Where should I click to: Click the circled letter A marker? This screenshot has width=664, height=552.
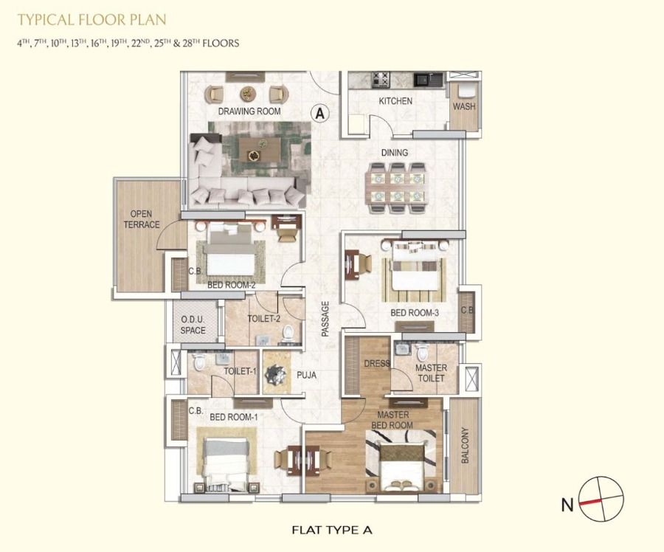pos(320,114)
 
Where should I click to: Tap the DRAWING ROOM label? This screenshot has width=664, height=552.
pos(249,111)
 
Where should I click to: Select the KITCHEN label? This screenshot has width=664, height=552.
pos(395,101)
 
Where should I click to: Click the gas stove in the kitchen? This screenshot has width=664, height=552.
pos(380,80)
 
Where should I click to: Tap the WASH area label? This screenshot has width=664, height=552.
pos(464,106)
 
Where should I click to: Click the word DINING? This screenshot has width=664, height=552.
pos(395,153)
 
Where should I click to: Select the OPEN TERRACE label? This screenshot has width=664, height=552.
pos(142,219)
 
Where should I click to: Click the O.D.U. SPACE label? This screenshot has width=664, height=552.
pos(193,325)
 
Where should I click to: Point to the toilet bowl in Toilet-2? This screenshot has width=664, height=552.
pos(288,334)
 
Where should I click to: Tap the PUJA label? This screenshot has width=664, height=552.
pos(306,375)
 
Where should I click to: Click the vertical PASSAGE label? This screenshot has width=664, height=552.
pos(325,319)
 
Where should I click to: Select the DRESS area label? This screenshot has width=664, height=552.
pos(377,363)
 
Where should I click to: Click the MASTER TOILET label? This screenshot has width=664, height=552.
pos(431,373)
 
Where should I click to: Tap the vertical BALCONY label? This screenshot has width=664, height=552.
pos(465,445)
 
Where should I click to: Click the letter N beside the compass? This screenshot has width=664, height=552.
pos(567,505)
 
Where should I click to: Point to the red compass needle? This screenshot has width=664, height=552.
pos(591,502)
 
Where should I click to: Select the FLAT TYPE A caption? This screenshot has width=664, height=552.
pos(332,530)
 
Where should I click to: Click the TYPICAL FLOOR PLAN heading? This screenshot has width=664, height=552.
pos(92,19)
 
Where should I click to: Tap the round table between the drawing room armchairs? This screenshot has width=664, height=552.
pos(248,94)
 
